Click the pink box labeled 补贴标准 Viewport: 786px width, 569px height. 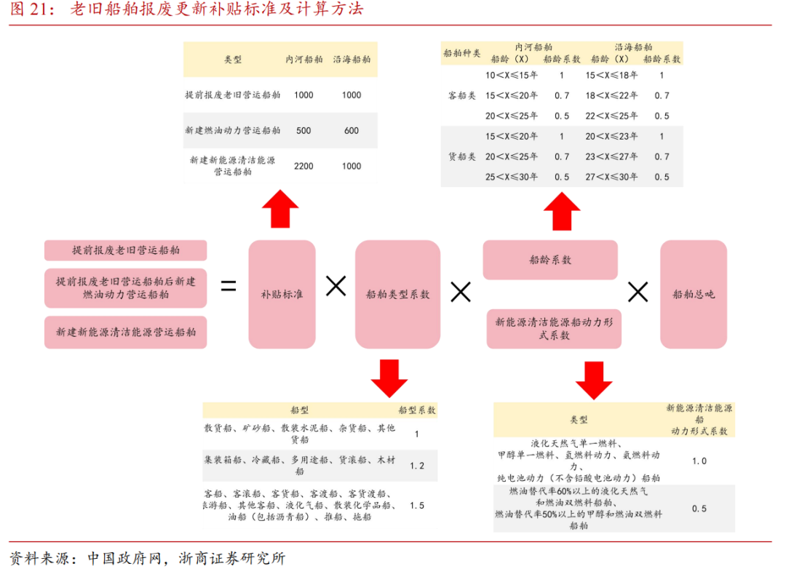[282, 294]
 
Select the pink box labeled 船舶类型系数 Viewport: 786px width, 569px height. [397, 294]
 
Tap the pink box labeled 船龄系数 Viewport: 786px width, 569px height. [550, 260]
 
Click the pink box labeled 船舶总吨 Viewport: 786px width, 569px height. [693, 294]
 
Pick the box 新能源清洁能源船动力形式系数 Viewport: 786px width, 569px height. [553, 328]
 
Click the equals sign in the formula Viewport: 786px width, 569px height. [229, 287]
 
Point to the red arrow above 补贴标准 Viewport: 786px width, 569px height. [280, 209]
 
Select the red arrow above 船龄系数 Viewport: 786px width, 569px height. [562, 210]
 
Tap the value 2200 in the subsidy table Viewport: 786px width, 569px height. [303, 166]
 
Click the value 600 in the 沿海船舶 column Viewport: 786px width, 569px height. [352, 131]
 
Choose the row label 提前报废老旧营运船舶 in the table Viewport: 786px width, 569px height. [233, 95]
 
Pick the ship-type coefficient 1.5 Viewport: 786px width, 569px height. [417, 505]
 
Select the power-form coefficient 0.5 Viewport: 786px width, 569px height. [699, 509]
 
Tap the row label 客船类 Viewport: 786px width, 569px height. [462, 95]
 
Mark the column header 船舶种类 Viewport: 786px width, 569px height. [462, 53]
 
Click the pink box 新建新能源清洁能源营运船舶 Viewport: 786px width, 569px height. [126, 332]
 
